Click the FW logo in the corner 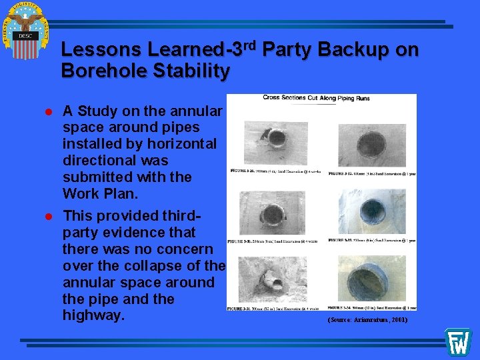[x=458, y=342]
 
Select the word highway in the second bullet [x=93, y=315]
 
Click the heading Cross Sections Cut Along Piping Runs [x=316, y=99]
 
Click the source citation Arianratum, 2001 [x=367, y=320]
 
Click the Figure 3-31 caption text [x=273, y=308]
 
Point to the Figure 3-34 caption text [x=372, y=307]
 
